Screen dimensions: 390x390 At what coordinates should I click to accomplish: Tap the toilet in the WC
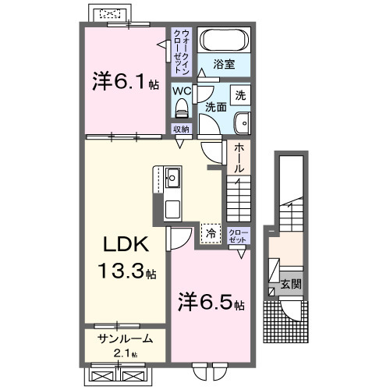coord(180,108)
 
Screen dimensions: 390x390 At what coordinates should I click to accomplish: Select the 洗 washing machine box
coord(241,95)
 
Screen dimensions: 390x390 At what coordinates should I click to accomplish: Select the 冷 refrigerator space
coord(210,232)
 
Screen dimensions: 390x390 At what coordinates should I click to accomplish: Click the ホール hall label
coord(239,158)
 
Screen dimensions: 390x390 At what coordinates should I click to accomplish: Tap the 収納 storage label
coord(181,129)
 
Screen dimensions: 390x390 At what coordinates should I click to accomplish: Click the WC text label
coord(181,90)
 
